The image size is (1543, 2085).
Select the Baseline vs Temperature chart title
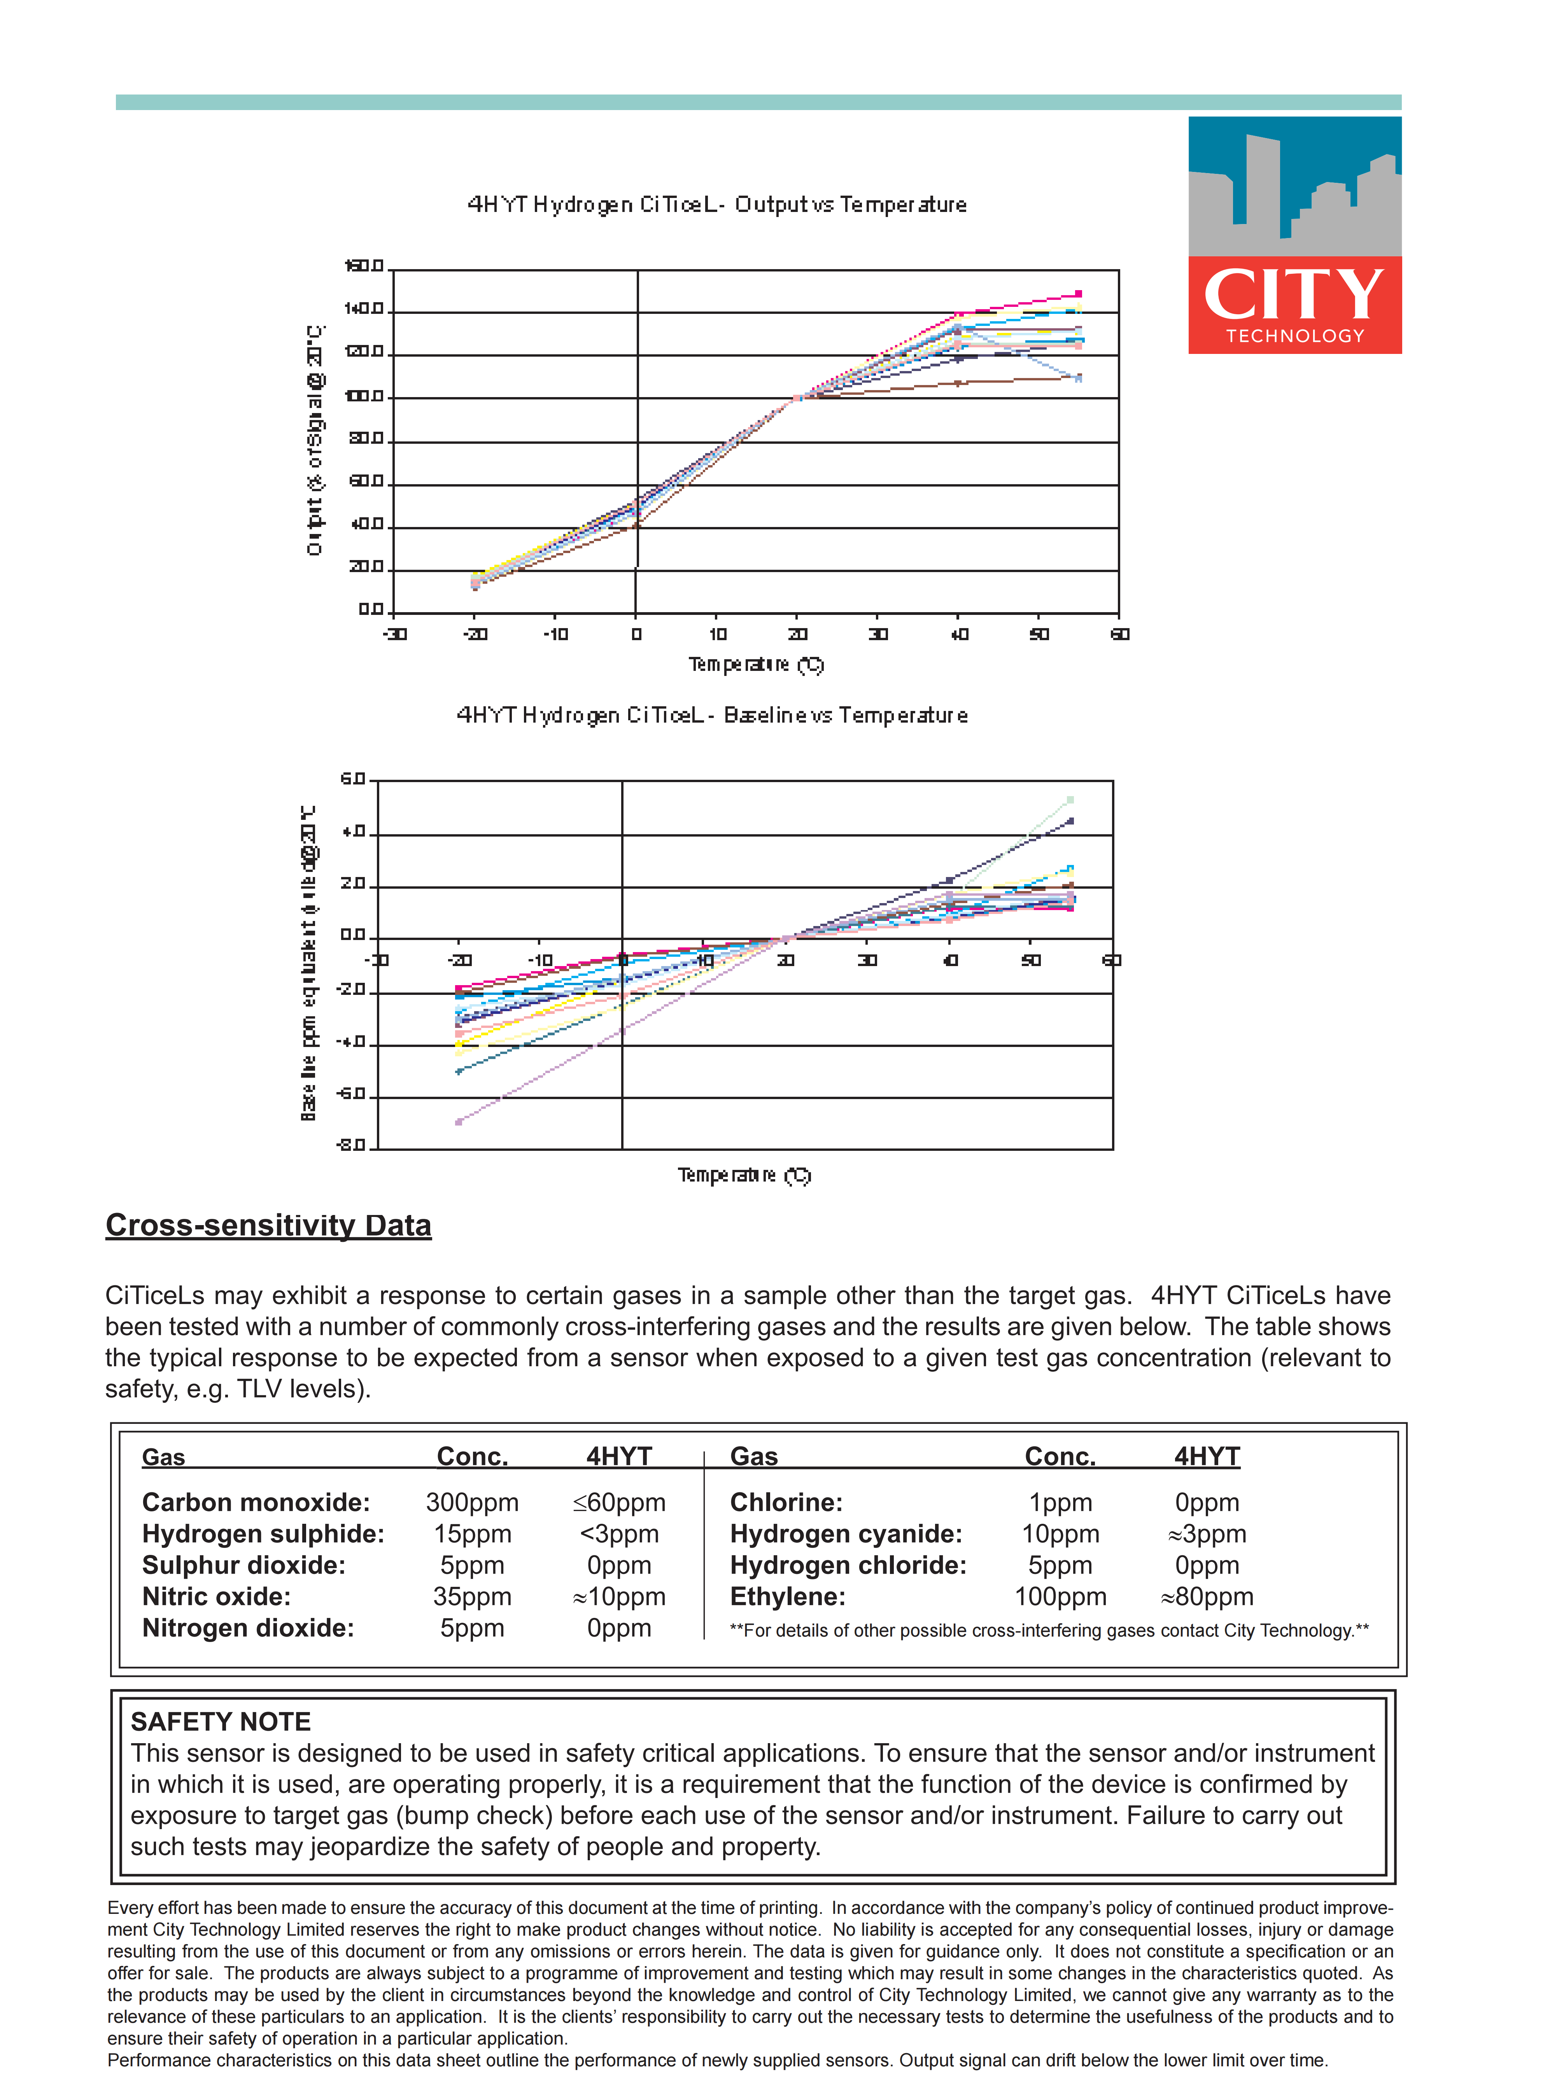pyautogui.click(x=712, y=715)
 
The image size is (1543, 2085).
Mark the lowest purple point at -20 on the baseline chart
pyautogui.click(x=459, y=1121)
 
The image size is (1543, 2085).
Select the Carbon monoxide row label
pyautogui.click(x=256, y=1502)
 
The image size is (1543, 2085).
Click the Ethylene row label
pyautogui.click(x=787, y=1597)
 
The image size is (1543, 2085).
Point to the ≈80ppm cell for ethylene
pyautogui.click(x=1207, y=1597)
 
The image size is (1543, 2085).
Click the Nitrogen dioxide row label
pyautogui.click(x=247, y=1628)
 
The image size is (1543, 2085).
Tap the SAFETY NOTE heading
pyautogui.click(x=221, y=1722)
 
